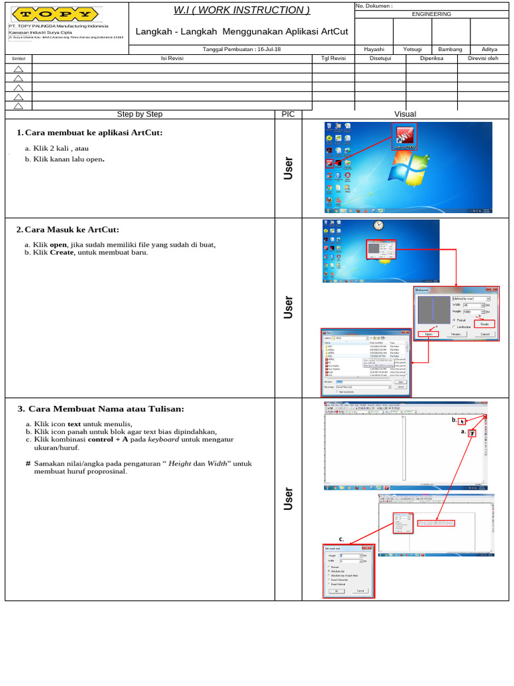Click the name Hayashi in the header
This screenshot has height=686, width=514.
(373, 50)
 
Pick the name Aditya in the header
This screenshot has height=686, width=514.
(489, 50)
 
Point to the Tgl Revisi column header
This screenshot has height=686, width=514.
(333, 58)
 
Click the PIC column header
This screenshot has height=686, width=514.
(288, 114)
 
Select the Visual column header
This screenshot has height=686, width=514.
(405, 114)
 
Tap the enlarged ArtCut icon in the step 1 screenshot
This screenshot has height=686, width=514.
(404, 137)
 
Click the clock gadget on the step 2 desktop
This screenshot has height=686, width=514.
(378, 226)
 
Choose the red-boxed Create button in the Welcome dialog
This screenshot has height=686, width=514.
(485, 324)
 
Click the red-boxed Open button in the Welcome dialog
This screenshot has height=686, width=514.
(428, 333)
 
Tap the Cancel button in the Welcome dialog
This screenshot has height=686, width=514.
(485, 333)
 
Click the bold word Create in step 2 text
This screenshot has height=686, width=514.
(62, 253)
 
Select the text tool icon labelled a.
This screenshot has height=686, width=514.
(472, 433)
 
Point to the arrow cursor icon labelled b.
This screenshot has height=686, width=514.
(462, 421)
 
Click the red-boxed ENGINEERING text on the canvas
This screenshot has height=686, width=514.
(436, 523)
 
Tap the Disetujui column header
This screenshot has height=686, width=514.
(380, 58)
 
